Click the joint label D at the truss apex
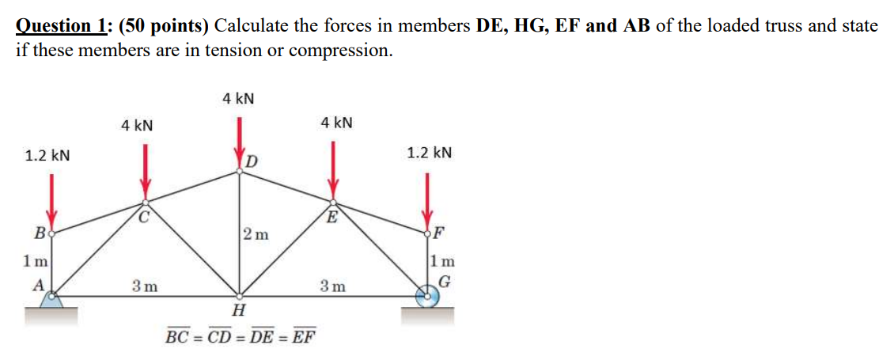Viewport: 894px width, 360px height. tap(252, 161)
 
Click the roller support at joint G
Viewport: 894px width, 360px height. tap(428, 299)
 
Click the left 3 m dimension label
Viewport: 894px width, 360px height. tap(143, 286)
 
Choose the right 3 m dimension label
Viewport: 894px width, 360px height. tap(332, 286)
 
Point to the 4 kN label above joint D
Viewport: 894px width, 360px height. tap(238, 99)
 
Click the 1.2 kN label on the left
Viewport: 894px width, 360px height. tap(47, 155)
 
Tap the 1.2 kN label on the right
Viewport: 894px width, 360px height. tap(430, 152)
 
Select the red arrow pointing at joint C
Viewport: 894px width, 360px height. tap(144, 169)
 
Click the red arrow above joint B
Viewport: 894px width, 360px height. tap(51, 199)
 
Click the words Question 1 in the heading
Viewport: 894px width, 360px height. tap(63, 25)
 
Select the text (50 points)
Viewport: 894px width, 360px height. tap(165, 25)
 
